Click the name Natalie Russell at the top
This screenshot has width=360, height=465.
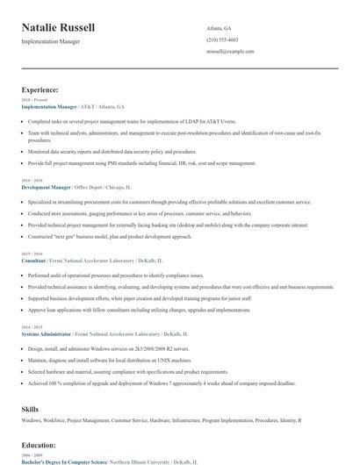[59, 28]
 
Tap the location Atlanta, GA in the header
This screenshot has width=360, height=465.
[220, 28]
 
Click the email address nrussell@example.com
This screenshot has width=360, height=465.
[231, 52]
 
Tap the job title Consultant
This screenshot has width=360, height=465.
[34, 260]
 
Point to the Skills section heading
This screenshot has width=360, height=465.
[31, 409]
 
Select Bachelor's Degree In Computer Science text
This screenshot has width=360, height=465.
[64, 461]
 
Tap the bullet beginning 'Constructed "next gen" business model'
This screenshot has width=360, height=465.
[109, 237]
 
